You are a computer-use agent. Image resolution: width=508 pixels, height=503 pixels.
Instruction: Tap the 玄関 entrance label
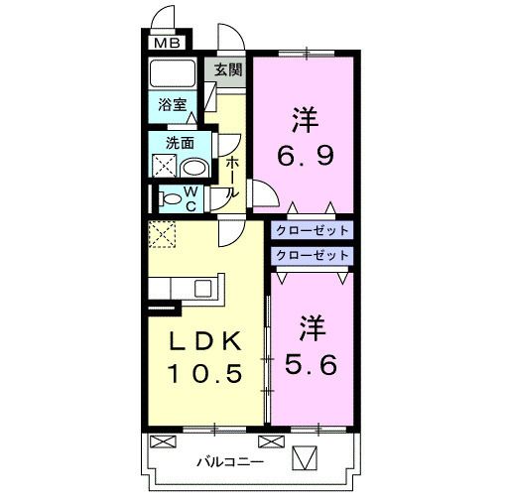coord(227,69)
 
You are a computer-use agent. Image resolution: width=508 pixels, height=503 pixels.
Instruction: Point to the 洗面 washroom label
coord(180,142)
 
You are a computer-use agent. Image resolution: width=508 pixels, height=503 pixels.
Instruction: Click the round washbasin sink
coord(194,166)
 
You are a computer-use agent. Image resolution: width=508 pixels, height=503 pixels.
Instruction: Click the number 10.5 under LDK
coord(204,375)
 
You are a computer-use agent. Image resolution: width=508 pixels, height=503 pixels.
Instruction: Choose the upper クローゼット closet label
coord(313,230)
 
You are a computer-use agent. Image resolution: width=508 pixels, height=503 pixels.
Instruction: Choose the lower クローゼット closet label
coord(313,255)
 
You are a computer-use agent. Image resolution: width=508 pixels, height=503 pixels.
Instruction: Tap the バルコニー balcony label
coord(229,461)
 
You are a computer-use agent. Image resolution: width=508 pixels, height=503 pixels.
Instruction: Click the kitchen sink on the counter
coord(202,288)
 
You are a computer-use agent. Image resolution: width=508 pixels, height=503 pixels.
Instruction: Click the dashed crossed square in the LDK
coord(162,234)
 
